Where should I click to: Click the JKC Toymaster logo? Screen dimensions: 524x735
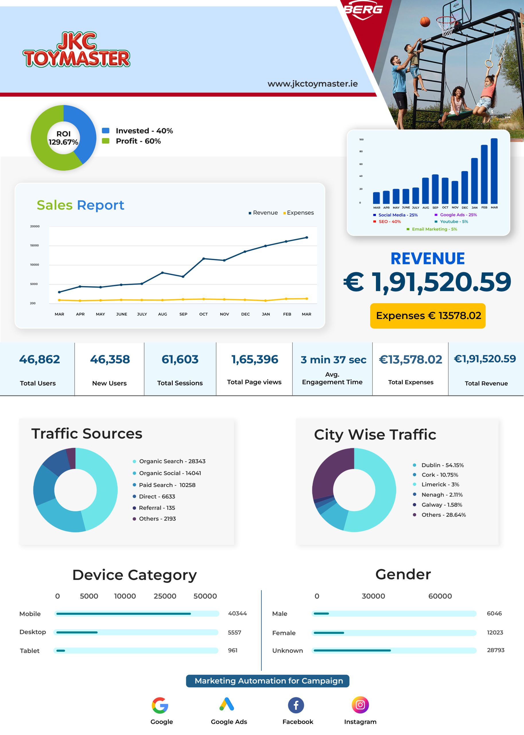pos(76,49)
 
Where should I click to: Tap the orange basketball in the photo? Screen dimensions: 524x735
pos(425,22)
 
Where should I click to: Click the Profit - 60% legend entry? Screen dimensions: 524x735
pos(131,141)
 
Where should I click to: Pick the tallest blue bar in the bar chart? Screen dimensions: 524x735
pos(494,171)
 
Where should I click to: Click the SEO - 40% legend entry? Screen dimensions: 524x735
pos(387,221)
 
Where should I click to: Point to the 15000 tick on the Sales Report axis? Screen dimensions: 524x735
pos(34,245)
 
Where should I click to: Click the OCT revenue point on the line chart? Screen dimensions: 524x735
pos(203,259)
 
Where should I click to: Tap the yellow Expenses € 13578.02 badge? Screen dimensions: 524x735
pos(428,316)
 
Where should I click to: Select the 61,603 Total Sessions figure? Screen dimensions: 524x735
pos(180,359)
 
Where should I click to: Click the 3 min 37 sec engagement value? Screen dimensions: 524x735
pos(333,359)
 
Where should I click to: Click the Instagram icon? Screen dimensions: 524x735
pos(360,705)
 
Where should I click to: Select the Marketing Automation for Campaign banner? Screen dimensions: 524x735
pos(267,681)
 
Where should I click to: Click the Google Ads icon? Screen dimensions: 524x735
pos(226,704)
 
